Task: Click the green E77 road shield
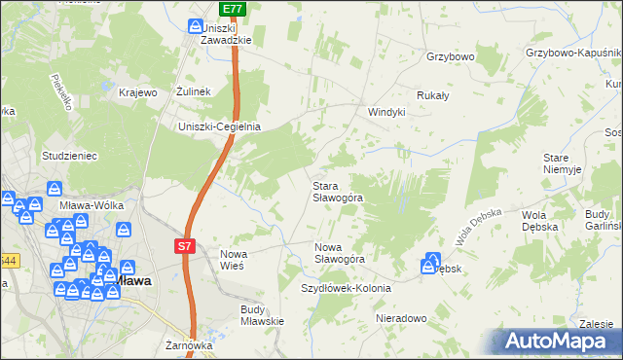click(x=232, y=9)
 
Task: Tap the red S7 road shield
click(x=187, y=247)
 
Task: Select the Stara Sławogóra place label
click(x=338, y=191)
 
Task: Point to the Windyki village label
click(x=385, y=112)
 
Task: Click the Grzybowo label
click(x=449, y=56)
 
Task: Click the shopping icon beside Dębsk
click(x=431, y=263)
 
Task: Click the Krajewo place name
click(x=137, y=92)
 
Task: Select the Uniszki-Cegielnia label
click(x=219, y=126)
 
